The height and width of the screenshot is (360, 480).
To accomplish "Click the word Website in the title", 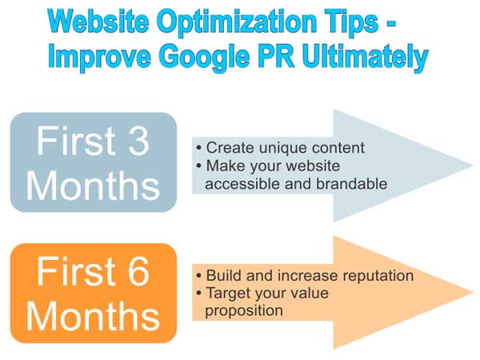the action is point(98,21).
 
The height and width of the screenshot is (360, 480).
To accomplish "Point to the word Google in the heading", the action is point(204,58).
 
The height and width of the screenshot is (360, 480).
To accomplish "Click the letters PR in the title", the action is point(276,56).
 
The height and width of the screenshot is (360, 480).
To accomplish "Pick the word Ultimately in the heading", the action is point(365,58).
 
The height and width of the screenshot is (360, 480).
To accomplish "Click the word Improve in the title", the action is point(100,58).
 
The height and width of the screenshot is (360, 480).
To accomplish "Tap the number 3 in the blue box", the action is point(138,141).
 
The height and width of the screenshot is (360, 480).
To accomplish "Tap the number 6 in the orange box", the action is point(138,271).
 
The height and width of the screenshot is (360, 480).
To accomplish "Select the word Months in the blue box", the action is point(93,186).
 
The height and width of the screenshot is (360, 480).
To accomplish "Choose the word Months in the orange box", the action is point(93,316).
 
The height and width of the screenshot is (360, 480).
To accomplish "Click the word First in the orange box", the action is point(76,271).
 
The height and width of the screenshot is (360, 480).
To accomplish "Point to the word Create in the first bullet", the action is point(230,147).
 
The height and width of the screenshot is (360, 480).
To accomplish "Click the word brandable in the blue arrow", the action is point(352,184).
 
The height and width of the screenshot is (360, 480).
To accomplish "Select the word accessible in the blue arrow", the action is point(242,184).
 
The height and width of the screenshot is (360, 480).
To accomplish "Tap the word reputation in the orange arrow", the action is point(378,276).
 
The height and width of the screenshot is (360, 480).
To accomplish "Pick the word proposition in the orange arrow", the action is point(244,311).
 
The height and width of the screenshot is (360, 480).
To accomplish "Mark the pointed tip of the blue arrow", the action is point(474,166).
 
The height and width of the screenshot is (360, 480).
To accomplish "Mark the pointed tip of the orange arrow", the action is point(474,293).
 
